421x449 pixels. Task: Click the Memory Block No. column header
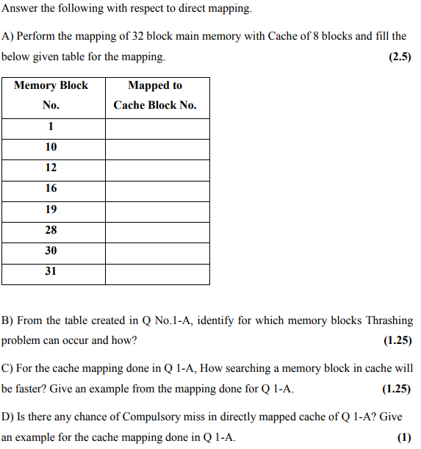[51, 95]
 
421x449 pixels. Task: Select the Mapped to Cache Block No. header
[155, 95]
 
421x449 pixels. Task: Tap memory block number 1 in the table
[51, 126]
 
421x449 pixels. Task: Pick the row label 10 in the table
[51, 147]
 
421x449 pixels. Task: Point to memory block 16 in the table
[51, 188]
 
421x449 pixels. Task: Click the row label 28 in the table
[51, 230]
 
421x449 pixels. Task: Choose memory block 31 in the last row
[51, 271]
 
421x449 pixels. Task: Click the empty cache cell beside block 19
[157, 209]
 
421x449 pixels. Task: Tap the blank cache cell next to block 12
[157, 168]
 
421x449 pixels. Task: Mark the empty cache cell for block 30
[157, 251]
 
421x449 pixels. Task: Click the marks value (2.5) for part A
[399, 57]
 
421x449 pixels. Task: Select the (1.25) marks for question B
[397, 341]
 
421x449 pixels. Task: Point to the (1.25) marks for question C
[397, 389]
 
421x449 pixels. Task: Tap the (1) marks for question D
[404, 437]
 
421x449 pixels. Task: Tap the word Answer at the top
[19, 10]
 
